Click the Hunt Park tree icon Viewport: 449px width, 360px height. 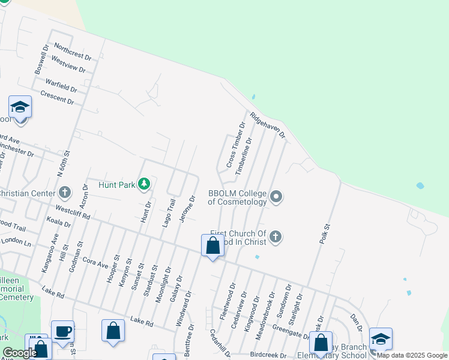point(143,184)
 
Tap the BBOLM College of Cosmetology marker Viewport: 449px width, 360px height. point(276,197)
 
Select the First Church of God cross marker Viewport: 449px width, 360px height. point(276,236)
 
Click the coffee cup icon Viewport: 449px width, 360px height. point(62,332)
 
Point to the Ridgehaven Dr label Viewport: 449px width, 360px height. point(268,126)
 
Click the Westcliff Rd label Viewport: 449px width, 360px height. point(72,211)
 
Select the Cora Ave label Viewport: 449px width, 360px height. point(95,263)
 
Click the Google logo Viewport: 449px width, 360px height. point(19,353)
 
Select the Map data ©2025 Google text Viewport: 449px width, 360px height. point(412,355)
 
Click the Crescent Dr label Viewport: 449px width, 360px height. point(57,97)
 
